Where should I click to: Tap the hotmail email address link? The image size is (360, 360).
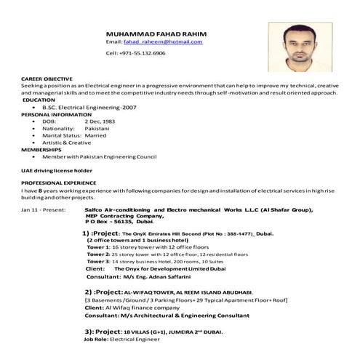tap(163, 43)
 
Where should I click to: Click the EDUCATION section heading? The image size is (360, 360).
tap(39, 100)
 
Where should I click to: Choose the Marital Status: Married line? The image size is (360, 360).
tap(74, 135)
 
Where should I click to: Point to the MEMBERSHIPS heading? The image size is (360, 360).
tap(41, 149)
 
